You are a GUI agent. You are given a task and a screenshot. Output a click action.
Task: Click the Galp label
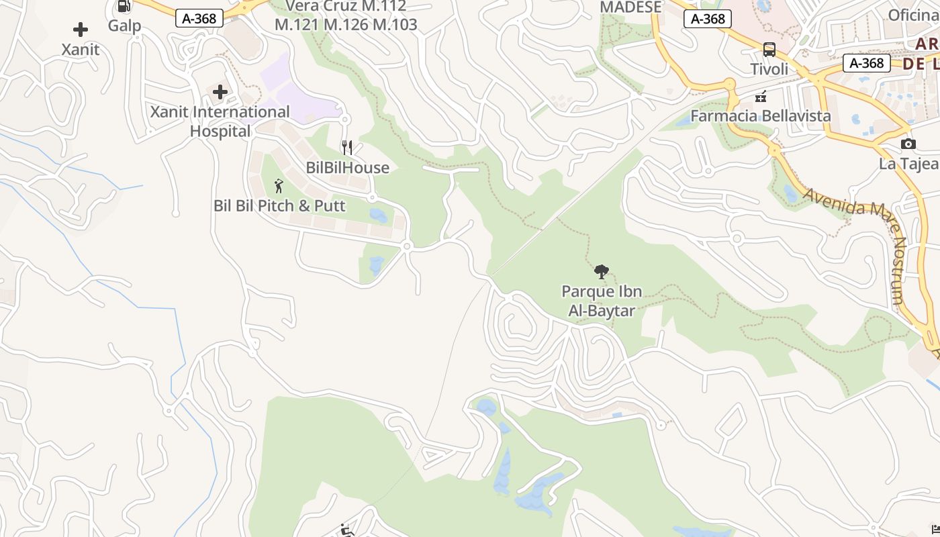pyautogui.click(x=125, y=26)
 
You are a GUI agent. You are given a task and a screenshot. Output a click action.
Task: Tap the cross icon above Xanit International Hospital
pyautogui.click(x=220, y=92)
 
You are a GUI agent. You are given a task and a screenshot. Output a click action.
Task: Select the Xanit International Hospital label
pyautogui.click(x=220, y=121)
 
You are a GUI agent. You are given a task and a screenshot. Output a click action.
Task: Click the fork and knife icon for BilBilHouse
pyautogui.click(x=347, y=148)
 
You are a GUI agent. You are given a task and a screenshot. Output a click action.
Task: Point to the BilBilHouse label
pyautogui.click(x=347, y=168)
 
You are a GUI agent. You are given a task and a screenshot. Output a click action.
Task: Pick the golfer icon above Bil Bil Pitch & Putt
pyautogui.click(x=279, y=186)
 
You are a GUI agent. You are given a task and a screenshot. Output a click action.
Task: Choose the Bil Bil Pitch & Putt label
pyautogui.click(x=279, y=205)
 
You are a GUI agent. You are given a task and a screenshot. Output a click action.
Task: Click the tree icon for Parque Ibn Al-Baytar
pyautogui.click(x=602, y=272)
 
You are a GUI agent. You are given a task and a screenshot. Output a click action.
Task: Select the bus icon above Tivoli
pyautogui.click(x=769, y=50)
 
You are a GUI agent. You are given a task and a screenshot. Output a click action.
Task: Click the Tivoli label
pyautogui.click(x=769, y=69)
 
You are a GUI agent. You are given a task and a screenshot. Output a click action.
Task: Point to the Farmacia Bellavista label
pyautogui.click(x=761, y=116)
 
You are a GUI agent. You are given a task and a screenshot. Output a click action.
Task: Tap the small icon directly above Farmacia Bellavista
pyautogui.click(x=761, y=97)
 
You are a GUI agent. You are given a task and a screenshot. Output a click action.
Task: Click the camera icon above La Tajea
pyautogui.click(x=908, y=144)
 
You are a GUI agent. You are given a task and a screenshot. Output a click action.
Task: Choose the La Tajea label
pyautogui.click(x=908, y=164)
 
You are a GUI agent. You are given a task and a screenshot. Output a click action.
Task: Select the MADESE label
pyautogui.click(x=630, y=7)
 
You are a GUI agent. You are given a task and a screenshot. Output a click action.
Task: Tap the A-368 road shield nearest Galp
pyautogui.click(x=199, y=19)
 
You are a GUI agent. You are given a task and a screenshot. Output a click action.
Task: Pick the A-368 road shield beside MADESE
pyautogui.click(x=708, y=19)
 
